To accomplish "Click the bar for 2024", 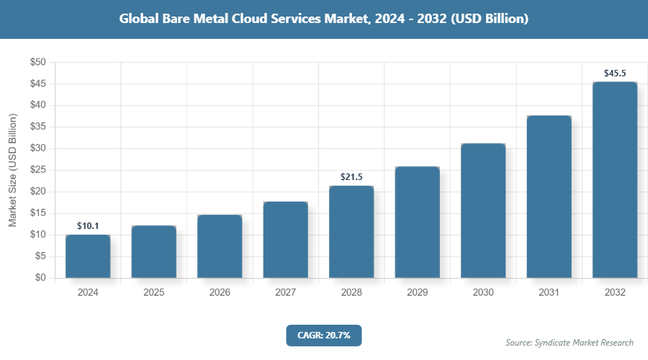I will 88,256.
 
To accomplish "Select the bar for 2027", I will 285,240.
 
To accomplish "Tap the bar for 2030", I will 483,211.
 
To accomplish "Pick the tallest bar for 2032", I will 615,180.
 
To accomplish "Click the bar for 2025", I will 153,252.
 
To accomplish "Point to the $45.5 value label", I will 615,73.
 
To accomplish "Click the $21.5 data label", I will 351,176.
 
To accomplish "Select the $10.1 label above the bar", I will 88,225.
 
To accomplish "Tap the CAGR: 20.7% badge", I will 323,336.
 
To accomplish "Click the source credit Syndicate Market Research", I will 569,343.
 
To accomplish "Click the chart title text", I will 324,19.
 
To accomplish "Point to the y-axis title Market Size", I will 12,170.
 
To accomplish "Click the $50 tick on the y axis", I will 37,63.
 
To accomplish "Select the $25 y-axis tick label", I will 37,170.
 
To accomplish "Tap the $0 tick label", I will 40,278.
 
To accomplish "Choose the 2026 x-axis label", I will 220,293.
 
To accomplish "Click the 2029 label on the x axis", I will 417,293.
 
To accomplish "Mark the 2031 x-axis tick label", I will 549,293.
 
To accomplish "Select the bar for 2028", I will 351,232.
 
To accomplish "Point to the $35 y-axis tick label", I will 37,127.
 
